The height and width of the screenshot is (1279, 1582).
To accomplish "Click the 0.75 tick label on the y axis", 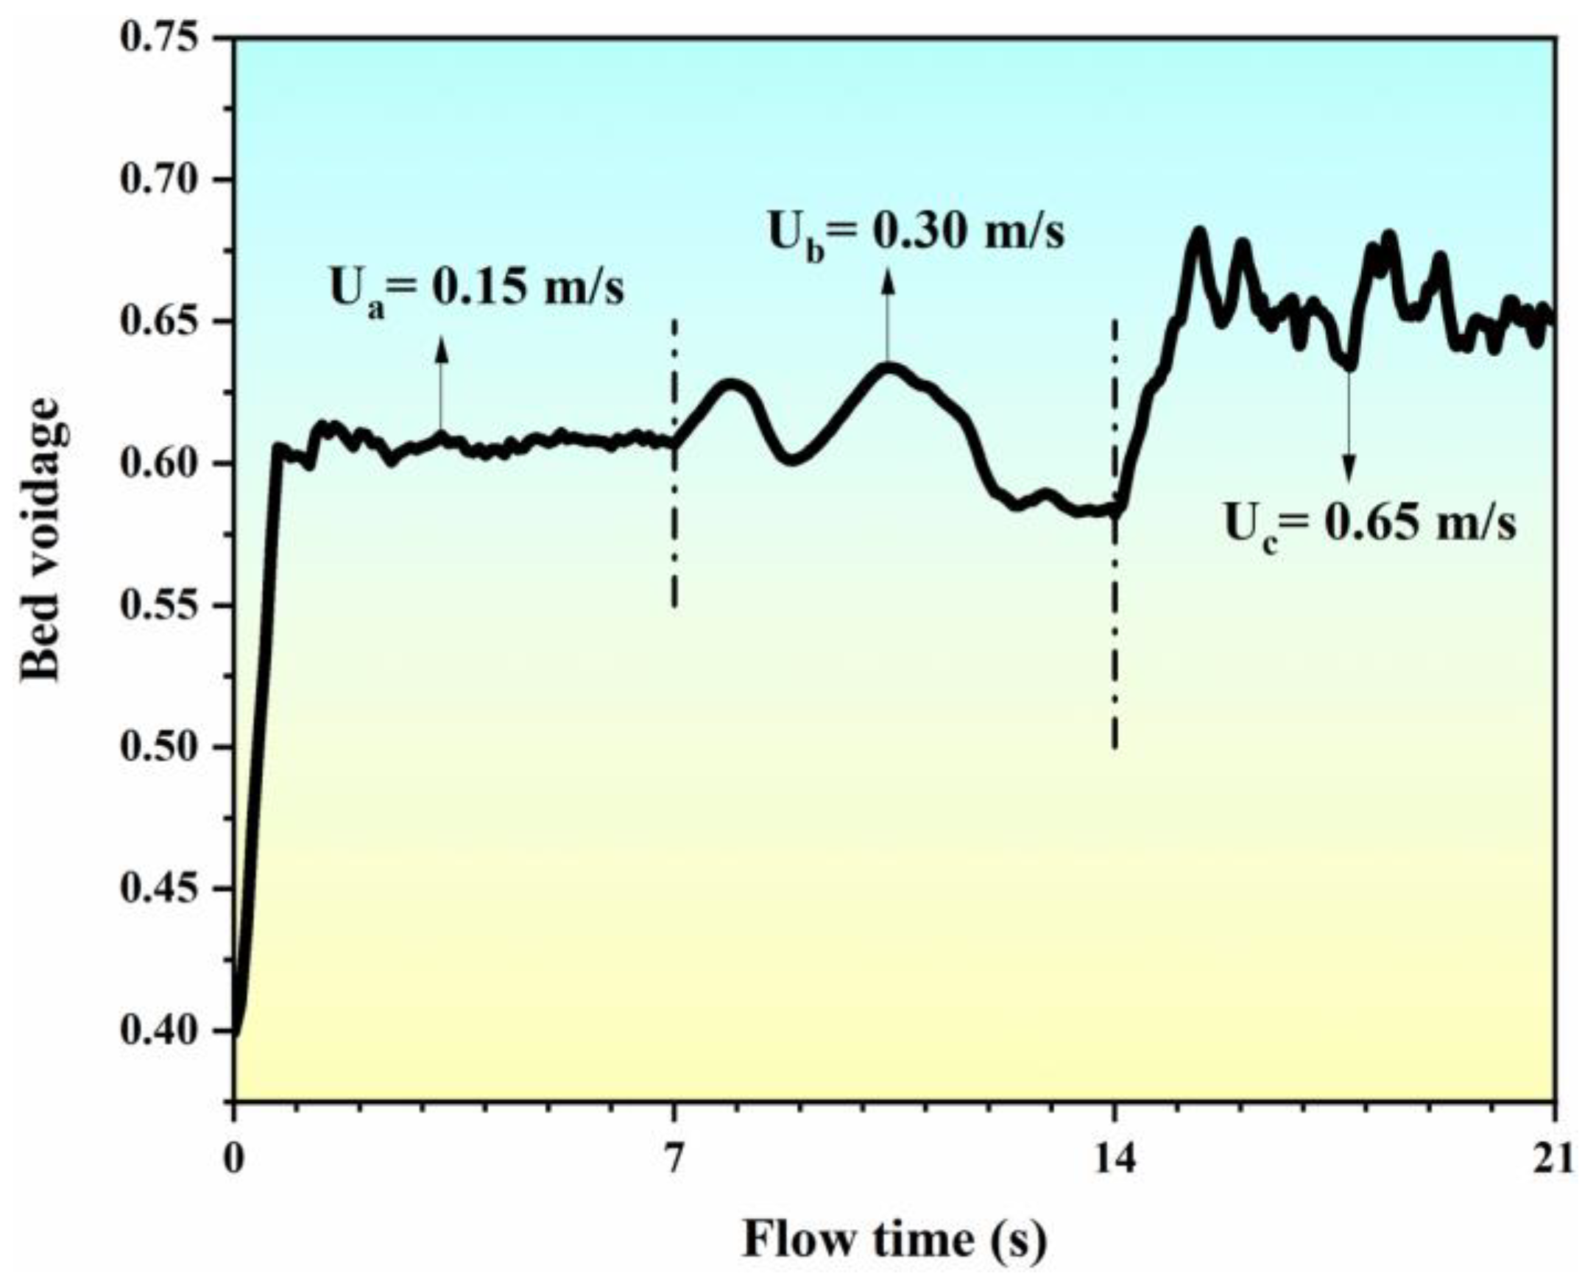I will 160,38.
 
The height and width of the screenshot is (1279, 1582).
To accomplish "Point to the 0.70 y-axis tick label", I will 160,180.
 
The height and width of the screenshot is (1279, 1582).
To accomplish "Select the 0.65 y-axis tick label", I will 160,322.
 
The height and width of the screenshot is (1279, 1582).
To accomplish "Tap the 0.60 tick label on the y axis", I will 160,464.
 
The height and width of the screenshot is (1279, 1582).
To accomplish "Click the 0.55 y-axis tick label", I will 160,606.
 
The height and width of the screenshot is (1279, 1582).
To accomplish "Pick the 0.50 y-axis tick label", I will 160,747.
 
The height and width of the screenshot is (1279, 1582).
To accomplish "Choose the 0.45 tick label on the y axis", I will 160,889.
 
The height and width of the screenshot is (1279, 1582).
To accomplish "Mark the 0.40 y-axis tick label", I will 160,1031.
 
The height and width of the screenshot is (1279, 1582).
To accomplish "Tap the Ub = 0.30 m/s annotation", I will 917,234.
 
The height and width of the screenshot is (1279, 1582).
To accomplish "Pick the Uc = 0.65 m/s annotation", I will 1370,525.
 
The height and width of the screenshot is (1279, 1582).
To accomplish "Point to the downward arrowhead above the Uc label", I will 1349,468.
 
